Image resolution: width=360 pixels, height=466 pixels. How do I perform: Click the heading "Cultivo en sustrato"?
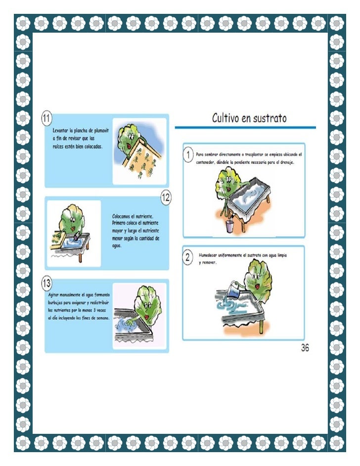point(249,118)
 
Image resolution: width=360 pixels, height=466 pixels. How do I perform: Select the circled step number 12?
point(166,197)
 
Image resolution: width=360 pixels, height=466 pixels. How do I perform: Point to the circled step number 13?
point(46,283)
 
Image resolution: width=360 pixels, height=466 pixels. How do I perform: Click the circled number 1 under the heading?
point(188,155)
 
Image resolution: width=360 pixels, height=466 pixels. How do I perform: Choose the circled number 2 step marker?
point(188,257)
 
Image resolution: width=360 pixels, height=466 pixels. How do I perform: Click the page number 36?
point(305,348)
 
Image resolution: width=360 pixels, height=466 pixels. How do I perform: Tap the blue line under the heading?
point(245,128)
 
